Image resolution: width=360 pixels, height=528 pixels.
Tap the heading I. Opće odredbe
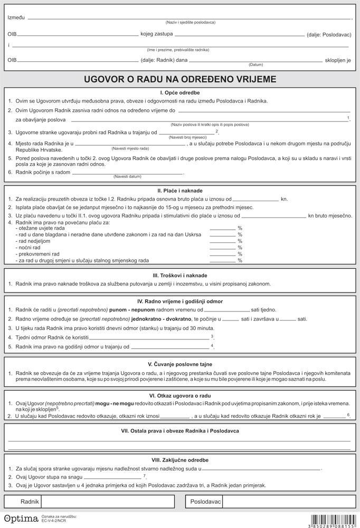180,92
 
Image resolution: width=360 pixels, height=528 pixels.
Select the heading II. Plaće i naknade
180,190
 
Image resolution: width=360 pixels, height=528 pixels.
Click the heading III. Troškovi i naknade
180,275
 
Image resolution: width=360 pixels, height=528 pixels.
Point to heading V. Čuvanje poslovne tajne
180,364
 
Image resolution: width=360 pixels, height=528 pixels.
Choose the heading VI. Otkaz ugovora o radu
180,394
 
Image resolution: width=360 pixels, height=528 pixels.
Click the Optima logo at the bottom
17,518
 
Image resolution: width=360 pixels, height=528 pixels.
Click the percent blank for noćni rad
222,247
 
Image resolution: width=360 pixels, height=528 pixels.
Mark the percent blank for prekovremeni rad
222,254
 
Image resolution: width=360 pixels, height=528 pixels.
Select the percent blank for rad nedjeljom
222,241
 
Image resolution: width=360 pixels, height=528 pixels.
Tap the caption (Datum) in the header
255,64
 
